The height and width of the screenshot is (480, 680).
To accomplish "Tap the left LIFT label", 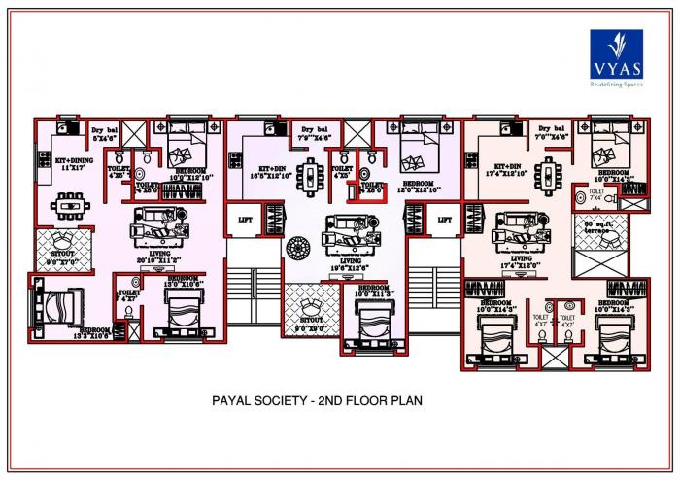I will point(245,221).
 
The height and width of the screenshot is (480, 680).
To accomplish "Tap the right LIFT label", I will point(444,221).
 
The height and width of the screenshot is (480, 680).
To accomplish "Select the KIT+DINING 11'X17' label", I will point(67,163).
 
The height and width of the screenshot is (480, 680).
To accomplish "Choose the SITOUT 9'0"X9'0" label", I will point(311,323).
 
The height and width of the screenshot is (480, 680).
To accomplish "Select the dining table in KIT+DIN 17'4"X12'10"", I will point(553,176).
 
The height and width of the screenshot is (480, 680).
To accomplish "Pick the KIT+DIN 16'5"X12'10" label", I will point(265,173).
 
